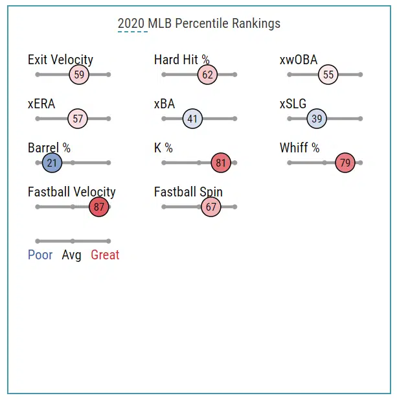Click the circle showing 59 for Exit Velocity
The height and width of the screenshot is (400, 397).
click(79, 75)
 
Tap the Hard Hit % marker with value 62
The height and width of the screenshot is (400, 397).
click(207, 75)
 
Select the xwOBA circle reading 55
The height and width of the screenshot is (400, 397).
click(328, 75)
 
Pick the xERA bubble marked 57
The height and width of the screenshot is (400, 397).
click(78, 119)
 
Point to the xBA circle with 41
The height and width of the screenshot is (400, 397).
click(192, 119)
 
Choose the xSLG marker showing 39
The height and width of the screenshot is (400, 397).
click(317, 119)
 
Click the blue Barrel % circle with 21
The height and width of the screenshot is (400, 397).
click(52, 163)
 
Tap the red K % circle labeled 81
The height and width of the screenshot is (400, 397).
click(221, 163)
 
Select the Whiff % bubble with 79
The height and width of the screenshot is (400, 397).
click(345, 163)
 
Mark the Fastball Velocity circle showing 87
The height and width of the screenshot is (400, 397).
click(98, 207)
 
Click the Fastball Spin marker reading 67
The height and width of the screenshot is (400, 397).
click(210, 207)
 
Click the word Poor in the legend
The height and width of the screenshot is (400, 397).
click(40, 255)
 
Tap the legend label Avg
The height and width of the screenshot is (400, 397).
click(71, 255)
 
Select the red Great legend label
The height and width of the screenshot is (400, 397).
click(105, 255)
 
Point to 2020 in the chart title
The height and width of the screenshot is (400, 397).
click(131, 23)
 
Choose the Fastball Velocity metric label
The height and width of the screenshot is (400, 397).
click(71, 192)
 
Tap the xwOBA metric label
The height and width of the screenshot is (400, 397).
click(299, 60)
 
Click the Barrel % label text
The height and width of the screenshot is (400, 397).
click(49, 148)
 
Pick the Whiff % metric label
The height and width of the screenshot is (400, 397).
click(299, 148)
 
